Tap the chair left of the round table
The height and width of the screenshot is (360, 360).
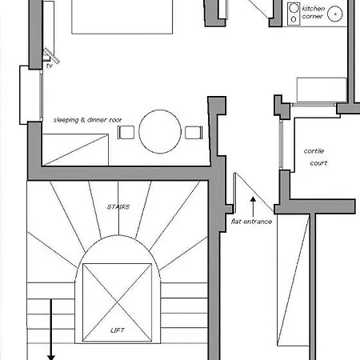(126, 132)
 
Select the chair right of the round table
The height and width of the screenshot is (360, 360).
(194, 133)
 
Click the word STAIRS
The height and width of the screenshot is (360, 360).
(118, 207)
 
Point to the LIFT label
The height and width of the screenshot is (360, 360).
(118, 330)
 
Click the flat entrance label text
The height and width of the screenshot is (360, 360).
(251, 222)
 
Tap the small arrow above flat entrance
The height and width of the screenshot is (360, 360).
(253, 207)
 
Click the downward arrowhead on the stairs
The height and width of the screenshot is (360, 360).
(51, 358)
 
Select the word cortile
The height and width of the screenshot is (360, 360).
(314, 151)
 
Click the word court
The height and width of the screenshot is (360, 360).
(318, 163)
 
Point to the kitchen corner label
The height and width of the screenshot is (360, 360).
(314, 12)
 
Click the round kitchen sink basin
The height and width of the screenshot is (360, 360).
(335, 14)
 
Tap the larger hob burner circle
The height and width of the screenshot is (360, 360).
(294, 8)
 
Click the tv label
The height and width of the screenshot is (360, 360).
(50, 66)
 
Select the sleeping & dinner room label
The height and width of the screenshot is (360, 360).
(87, 120)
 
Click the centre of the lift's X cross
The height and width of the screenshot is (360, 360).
(118, 302)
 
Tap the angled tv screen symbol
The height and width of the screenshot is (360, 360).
(51, 55)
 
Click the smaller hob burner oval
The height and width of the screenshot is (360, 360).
(294, 19)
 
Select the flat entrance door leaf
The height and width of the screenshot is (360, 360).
(234, 193)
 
